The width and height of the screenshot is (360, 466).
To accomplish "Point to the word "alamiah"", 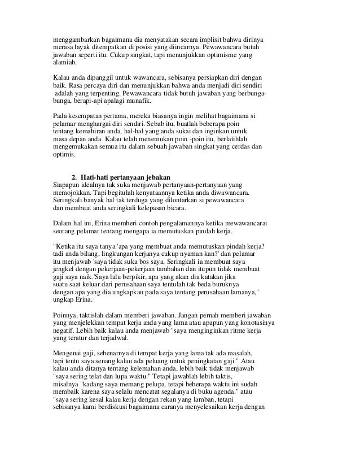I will [59, 64].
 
